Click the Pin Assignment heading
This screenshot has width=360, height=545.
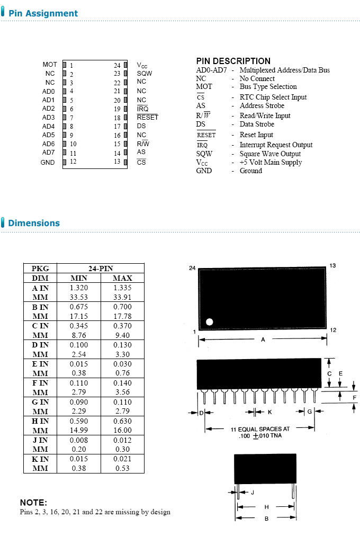(x=43, y=13)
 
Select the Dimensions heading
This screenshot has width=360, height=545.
(x=34, y=223)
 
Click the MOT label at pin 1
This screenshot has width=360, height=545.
(x=50, y=65)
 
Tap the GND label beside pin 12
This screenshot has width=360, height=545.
(x=48, y=162)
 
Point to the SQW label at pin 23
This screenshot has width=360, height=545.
(x=144, y=74)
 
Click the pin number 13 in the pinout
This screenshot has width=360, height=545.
(x=116, y=162)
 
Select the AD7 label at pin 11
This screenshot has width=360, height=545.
(x=48, y=153)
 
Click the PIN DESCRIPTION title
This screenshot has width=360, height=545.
(x=233, y=61)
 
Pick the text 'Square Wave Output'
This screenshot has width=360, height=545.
(x=271, y=154)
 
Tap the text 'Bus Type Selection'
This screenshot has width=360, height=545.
(x=268, y=87)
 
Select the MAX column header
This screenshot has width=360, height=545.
(x=122, y=278)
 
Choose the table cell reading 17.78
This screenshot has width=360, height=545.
(x=122, y=316)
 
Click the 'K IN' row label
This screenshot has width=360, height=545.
(x=40, y=459)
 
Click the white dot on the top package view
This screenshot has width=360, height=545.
(x=209, y=321)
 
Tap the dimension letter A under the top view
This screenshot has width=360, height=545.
(x=263, y=340)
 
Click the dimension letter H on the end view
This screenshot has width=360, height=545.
(x=266, y=507)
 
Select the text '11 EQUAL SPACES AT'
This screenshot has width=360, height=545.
(x=260, y=429)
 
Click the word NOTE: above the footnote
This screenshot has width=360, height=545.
(x=33, y=503)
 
